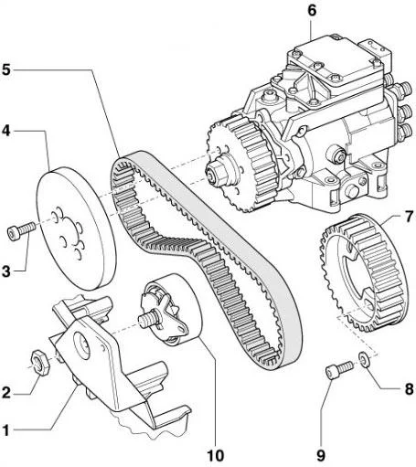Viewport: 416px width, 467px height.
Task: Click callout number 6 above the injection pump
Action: pyautogui.click(x=312, y=11)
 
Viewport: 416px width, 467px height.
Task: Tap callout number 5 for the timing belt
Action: pyautogui.click(x=5, y=69)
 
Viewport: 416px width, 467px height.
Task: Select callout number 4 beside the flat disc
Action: pyautogui.click(x=5, y=131)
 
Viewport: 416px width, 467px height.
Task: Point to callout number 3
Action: pyautogui.click(x=5, y=271)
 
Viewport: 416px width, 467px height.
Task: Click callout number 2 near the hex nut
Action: pyautogui.click(x=5, y=393)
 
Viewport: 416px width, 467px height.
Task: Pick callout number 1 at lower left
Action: pyautogui.click(x=5, y=430)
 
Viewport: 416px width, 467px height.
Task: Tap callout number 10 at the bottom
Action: pyautogui.click(x=216, y=456)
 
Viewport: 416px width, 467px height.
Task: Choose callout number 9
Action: pyautogui.click(x=321, y=456)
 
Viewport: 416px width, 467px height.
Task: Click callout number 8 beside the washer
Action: pyautogui.click(x=409, y=389)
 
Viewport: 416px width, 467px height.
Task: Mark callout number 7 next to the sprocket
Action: pyautogui.click(x=409, y=217)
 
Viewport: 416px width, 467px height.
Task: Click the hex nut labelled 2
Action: pyautogui.click(x=40, y=362)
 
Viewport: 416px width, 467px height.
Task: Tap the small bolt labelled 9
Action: pyautogui.click(x=339, y=369)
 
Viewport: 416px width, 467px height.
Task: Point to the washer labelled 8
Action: pyautogui.click(x=363, y=359)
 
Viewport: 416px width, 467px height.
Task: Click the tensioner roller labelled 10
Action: pyautogui.click(x=171, y=310)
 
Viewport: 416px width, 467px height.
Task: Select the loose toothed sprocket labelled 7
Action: pyautogui.click(x=364, y=273)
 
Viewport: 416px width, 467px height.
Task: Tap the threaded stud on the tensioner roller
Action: pyautogui.click(x=147, y=320)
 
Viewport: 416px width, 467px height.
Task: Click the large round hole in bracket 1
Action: pyautogui.click(x=82, y=346)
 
